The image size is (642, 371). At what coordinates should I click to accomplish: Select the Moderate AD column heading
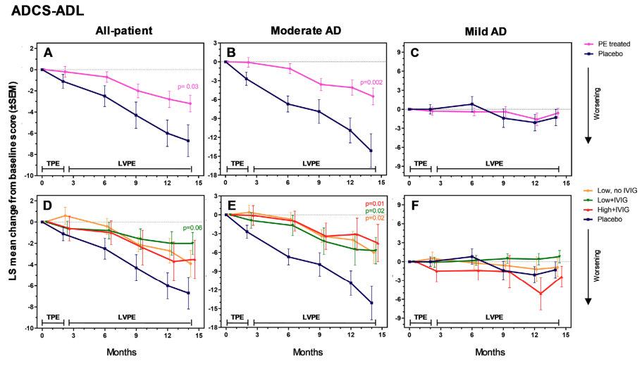pyautogui.click(x=300, y=32)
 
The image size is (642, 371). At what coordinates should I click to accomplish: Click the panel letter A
pyautogui.click(x=48, y=52)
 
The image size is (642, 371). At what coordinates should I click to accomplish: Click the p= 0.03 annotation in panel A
pyautogui.click(x=181, y=87)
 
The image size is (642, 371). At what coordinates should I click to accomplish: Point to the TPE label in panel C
pyautogui.click(x=420, y=162)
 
